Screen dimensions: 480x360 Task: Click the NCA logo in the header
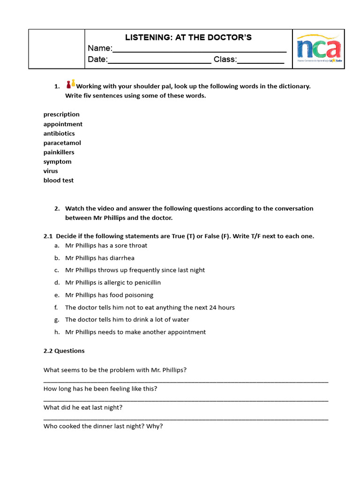[x=319, y=49]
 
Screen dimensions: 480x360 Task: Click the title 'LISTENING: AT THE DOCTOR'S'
[x=188, y=37]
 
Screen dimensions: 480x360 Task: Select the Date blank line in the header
[x=159, y=61]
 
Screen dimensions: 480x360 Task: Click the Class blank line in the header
[x=261, y=61]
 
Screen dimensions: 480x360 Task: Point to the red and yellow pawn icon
[x=70, y=84]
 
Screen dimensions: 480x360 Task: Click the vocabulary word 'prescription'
[x=61, y=114]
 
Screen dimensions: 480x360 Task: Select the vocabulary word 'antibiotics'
[x=59, y=134]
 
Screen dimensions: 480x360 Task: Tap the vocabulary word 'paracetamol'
[x=62, y=143]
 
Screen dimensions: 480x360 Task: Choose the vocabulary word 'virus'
[x=51, y=171]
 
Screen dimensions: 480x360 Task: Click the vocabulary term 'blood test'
[x=59, y=180]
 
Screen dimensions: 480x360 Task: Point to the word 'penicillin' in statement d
[x=148, y=283]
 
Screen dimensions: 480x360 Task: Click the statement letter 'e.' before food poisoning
[x=56, y=295]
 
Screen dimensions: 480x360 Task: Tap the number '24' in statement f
[x=210, y=307]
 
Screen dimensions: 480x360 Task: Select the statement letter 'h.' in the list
[x=56, y=332]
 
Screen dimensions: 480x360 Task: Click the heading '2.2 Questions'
[x=64, y=351]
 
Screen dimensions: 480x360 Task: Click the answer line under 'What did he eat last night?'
[x=186, y=419]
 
